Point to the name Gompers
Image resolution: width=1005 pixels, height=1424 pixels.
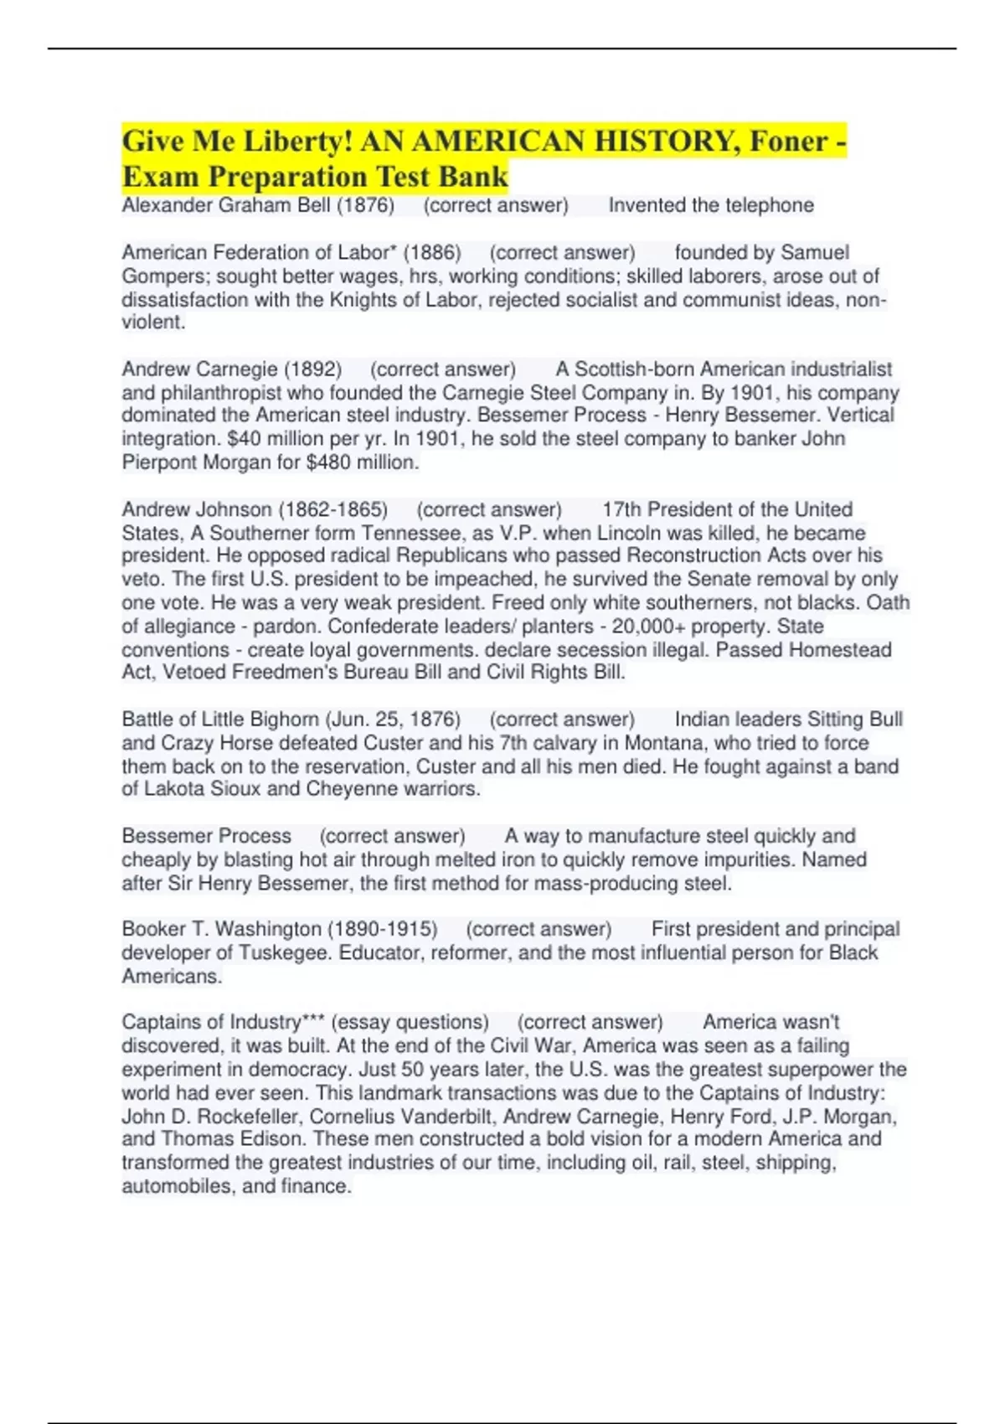pos(165,276)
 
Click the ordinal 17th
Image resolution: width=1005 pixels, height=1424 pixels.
pos(621,509)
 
